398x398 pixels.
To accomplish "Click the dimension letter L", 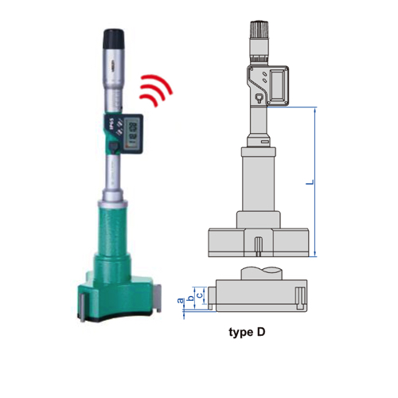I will coord(310,182).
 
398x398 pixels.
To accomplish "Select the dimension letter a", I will coord(181,301).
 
